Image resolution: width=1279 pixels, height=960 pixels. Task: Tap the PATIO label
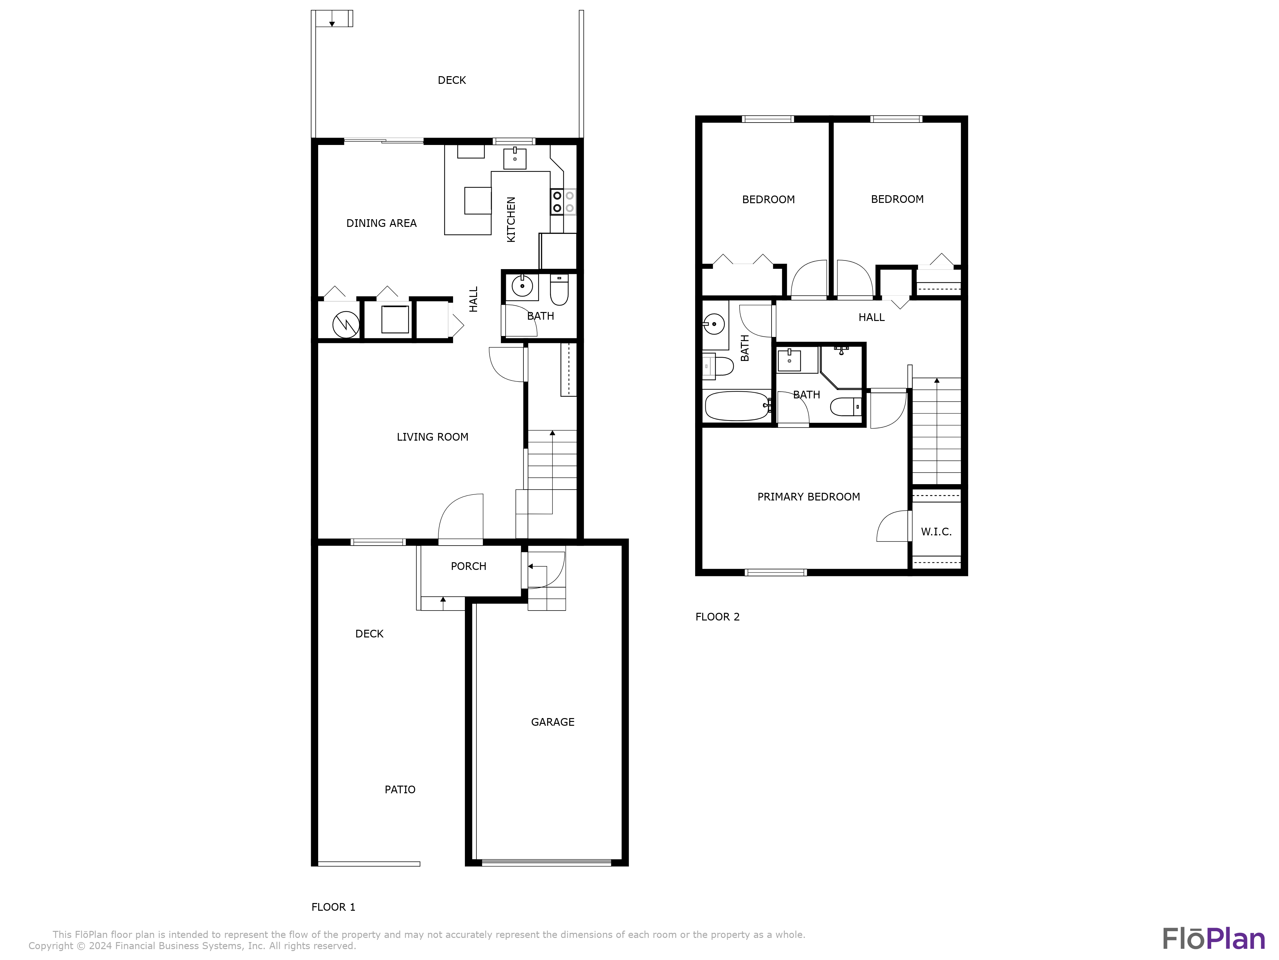(x=400, y=789)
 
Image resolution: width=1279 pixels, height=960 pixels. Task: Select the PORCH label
(x=468, y=566)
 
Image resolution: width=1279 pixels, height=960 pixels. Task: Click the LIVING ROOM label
(x=432, y=437)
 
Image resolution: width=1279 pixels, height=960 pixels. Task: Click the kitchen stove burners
(x=562, y=202)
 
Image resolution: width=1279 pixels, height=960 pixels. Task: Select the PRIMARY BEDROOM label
(x=808, y=497)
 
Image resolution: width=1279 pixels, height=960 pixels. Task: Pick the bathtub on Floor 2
(x=736, y=406)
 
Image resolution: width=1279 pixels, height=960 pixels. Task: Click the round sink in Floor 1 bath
(x=522, y=286)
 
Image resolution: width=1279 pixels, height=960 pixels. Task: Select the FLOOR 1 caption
(x=333, y=907)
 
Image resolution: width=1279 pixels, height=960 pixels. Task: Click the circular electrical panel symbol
(x=345, y=324)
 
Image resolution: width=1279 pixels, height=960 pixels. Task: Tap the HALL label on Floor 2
(x=871, y=317)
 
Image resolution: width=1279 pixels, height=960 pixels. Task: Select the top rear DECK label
(x=451, y=80)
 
